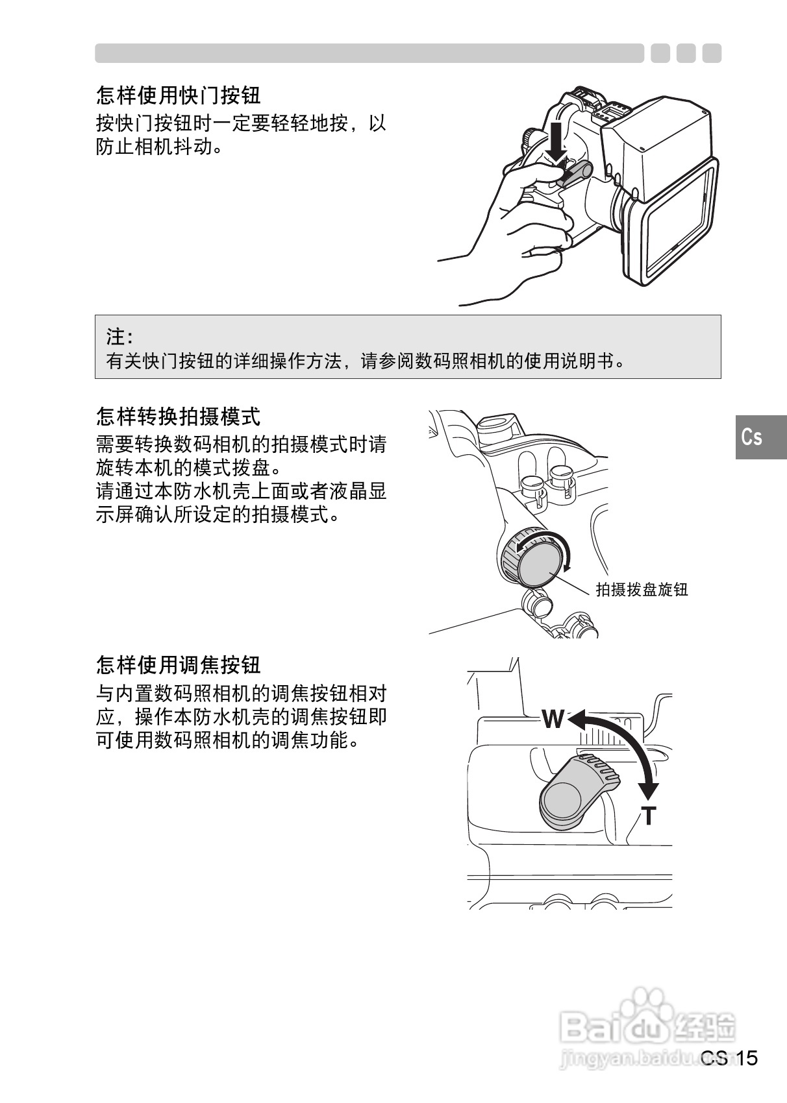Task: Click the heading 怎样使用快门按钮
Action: coord(178,95)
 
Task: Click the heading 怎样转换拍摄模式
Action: coord(178,416)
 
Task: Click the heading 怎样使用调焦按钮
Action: coord(178,664)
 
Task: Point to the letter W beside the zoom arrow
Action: coord(553,719)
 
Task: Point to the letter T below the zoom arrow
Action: coord(649,816)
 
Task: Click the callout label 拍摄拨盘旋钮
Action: coord(642,590)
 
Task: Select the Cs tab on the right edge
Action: coord(753,437)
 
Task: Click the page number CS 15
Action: coord(730,1059)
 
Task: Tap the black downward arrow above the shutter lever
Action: coord(556,139)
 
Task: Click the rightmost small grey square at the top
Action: coord(712,53)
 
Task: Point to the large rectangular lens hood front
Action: coord(675,224)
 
